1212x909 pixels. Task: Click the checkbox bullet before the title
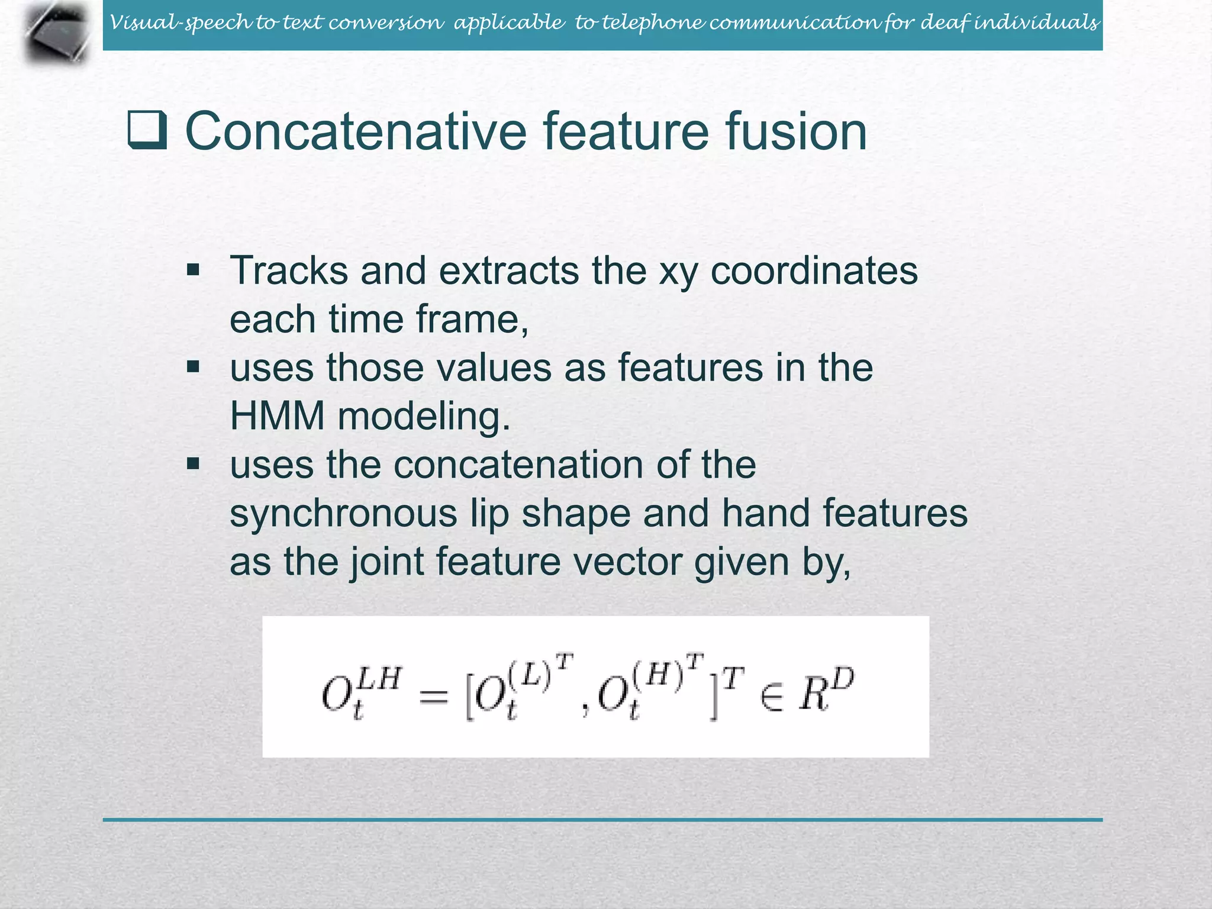(147, 130)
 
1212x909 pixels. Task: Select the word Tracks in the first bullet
(289, 271)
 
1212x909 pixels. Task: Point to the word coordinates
(814, 271)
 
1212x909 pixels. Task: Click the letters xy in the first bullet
(678, 272)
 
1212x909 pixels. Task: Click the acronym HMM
(277, 416)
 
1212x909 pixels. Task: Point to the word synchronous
(343, 513)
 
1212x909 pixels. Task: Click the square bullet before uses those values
(193, 368)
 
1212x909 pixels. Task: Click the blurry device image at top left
(57, 33)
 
